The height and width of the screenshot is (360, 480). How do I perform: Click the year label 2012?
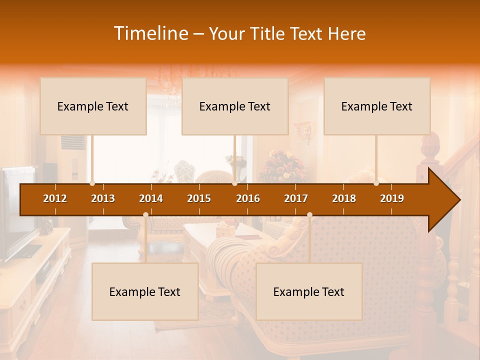coord(55,198)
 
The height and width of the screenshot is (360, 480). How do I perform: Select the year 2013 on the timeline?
coord(103,198)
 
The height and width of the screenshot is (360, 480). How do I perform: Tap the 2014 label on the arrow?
coord(151,198)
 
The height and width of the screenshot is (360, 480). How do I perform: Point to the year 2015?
coord(199,198)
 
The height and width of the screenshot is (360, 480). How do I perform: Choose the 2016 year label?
coord(248,198)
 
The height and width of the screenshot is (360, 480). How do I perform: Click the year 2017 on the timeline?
coord(296,198)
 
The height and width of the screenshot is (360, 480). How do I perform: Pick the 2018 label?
coord(344,198)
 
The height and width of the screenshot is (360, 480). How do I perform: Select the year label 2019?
coord(392,198)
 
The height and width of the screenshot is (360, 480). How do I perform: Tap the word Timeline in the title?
coord(150,33)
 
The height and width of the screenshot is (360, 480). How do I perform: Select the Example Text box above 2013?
coord(93,106)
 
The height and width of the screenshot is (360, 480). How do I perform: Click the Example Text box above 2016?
coord(235,106)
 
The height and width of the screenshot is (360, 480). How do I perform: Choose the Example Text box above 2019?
coord(377,106)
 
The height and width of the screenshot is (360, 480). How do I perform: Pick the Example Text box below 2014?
coord(145,291)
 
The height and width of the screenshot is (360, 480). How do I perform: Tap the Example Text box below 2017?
coord(309,291)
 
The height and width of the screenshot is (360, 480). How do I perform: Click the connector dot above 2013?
coord(92,183)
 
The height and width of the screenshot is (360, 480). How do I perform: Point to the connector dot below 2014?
coord(145,214)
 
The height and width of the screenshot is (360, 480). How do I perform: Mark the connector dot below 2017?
coord(309,214)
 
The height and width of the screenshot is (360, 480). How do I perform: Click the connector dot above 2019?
coord(376,183)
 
